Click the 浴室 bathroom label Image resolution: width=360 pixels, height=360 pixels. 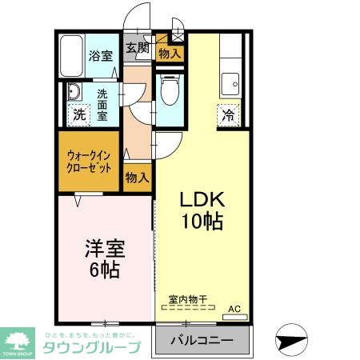tap(101, 55)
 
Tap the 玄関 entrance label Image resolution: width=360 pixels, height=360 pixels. tap(137, 47)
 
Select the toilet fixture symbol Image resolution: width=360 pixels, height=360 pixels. tap(169, 93)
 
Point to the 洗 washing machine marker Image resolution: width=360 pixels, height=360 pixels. tap(78, 114)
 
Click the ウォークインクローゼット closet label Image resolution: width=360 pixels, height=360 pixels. tap(89, 162)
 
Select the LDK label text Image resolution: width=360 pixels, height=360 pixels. tap(198, 198)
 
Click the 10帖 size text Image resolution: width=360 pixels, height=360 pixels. tap(200, 222)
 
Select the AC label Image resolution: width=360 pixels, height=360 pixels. tap(234, 307)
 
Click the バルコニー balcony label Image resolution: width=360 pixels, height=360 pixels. tap(202, 341)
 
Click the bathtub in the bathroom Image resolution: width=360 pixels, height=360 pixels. tap(73, 55)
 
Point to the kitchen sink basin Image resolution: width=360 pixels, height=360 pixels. tap(232, 81)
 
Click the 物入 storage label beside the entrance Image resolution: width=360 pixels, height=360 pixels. tap(169, 54)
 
